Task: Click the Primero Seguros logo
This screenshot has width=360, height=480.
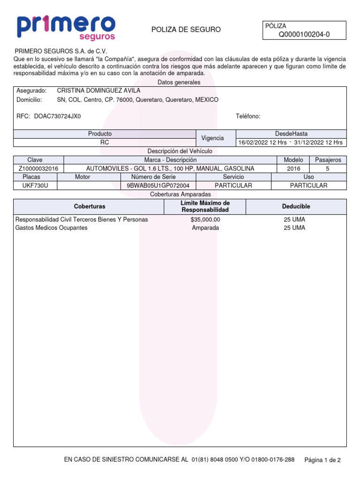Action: [x=66, y=27]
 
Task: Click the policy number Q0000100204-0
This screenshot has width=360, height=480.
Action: [x=304, y=34]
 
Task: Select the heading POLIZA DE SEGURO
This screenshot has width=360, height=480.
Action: [x=186, y=30]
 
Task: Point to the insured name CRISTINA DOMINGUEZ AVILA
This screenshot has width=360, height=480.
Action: [x=98, y=90]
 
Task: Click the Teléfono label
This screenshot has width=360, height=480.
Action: [x=248, y=117]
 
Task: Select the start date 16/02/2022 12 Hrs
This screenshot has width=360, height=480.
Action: [x=262, y=142]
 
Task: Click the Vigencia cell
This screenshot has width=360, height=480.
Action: [x=212, y=138]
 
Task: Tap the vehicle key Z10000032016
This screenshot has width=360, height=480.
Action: [x=38, y=168]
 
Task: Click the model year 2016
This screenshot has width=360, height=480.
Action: [x=293, y=168]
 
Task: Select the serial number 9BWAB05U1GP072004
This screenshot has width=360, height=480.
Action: [x=158, y=186]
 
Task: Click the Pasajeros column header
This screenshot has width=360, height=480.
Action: [x=328, y=160]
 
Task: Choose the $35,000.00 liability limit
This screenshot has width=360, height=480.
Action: [x=205, y=219]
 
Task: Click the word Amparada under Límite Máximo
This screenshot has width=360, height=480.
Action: [x=205, y=228]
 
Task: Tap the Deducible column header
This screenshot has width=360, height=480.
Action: [x=296, y=206]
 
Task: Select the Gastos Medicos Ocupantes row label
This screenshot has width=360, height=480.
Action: [x=52, y=228]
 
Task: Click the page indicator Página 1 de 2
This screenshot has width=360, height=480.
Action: [x=322, y=460]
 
